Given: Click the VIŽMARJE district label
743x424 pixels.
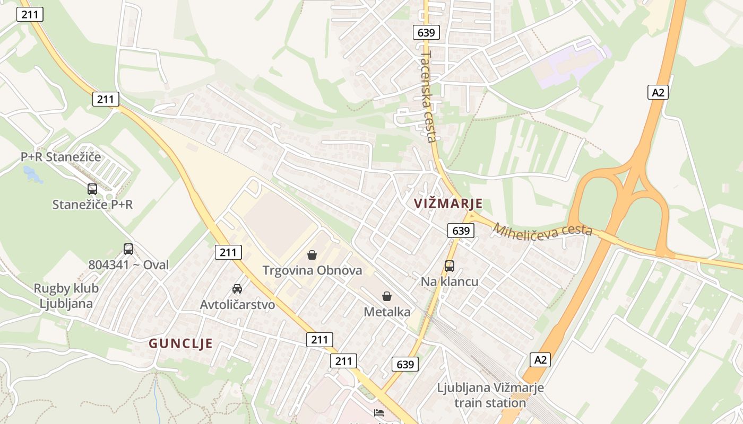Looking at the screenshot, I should pyautogui.click(x=448, y=204).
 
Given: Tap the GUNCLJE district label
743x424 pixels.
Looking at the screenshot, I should pyautogui.click(x=180, y=343).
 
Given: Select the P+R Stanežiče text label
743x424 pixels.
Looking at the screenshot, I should pyautogui.click(x=61, y=157).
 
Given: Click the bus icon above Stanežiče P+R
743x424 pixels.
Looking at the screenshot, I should pyautogui.click(x=92, y=189).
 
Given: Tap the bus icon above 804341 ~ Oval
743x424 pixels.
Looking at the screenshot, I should pyautogui.click(x=128, y=249).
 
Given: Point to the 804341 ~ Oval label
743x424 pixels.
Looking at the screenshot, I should pyautogui.click(x=128, y=264).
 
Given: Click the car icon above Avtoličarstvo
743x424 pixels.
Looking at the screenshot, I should pyautogui.click(x=237, y=289).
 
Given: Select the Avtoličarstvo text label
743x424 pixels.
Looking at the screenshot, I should pyautogui.click(x=237, y=305).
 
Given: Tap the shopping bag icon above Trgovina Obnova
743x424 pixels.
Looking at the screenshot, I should pyautogui.click(x=312, y=255).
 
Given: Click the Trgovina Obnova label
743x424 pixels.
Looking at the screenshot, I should pyautogui.click(x=312, y=270).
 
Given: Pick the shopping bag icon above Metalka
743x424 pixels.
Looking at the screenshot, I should pyautogui.click(x=387, y=296).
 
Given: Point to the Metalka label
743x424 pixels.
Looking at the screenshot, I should pyautogui.click(x=387, y=312).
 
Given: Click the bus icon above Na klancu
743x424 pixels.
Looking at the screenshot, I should pyautogui.click(x=450, y=266).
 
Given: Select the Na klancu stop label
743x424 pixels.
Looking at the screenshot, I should pyautogui.click(x=450, y=281).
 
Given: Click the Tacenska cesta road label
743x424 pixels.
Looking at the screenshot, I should pyautogui.click(x=428, y=96).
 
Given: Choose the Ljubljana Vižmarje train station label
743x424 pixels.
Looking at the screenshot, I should pyautogui.click(x=490, y=395).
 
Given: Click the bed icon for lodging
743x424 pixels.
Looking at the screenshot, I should pyautogui.click(x=379, y=412).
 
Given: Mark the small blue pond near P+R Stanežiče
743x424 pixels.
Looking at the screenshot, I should pyautogui.click(x=32, y=174).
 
